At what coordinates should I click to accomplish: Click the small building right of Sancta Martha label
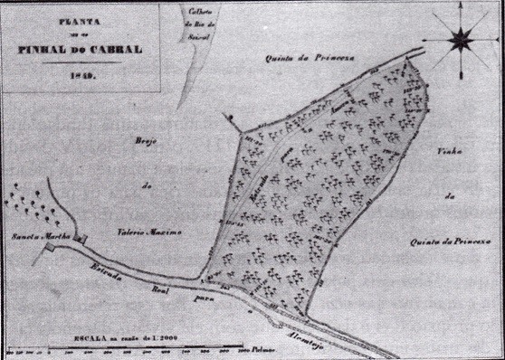[x=83, y=239]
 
